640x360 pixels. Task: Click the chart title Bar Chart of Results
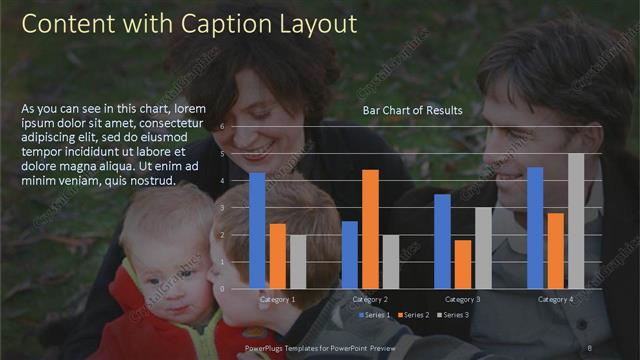pyautogui.click(x=412, y=110)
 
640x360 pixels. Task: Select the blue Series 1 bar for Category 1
pyautogui.click(x=257, y=230)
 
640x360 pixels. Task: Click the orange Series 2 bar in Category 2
pyautogui.click(x=370, y=229)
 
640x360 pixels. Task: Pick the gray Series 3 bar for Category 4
pyautogui.click(x=576, y=220)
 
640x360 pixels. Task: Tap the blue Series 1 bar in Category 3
pyautogui.click(x=442, y=241)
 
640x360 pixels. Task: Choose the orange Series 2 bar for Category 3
pyautogui.click(x=462, y=264)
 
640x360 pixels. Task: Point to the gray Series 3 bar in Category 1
pyautogui.click(x=297, y=261)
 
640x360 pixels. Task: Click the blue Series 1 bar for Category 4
pyautogui.click(x=535, y=227)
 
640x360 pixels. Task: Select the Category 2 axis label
pyautogui.click(x=370, y=299)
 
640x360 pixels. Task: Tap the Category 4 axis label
pyautogui.click(x=555, y=299)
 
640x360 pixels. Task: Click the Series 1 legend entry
pyautogui.click(x=375, y=315)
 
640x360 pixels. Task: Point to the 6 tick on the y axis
pyautogui.click(x=236, y=128)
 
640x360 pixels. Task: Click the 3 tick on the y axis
pyautogui.click(x=236, y=208)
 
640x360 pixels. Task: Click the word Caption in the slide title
pyautogui.click(x=216, y=23)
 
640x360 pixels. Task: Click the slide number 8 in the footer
pyautogui.click(x=590, y=349)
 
